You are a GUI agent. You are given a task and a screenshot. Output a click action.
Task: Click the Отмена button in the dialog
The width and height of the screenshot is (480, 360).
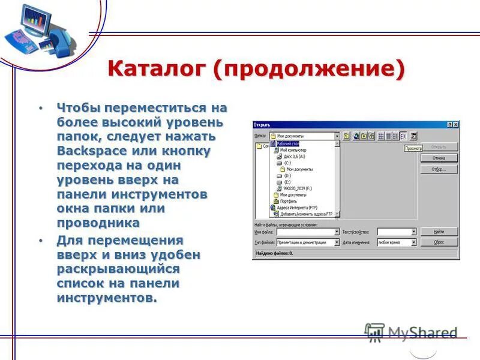pyautogui.click(x=439, y=158)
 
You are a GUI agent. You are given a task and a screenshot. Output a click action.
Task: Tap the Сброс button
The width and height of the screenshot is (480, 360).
pyautogui.click(x=439, y=242)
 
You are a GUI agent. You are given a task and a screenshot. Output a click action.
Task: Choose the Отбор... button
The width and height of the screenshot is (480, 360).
pyautogui.click(x=439, y=169)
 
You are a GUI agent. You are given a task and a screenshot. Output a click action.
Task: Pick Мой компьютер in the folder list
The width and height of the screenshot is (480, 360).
pyautogui.click(x=293, y=150)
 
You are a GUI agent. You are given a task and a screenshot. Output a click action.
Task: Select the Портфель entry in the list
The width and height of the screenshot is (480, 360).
pyautogui.click(x=289, y=201)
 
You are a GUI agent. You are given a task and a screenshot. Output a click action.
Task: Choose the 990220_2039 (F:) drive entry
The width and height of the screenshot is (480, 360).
pyautogui.click(x=298, y=188)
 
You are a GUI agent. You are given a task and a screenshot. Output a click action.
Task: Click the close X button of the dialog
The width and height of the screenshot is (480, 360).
pyautogui.click(x=455, y=124)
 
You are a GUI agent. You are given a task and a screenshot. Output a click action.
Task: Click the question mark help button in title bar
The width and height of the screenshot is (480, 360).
pyautogui.click(x=449, y=124)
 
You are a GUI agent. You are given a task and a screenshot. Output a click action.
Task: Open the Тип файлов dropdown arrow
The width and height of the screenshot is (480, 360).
pyautogui.click(x=337, y=242)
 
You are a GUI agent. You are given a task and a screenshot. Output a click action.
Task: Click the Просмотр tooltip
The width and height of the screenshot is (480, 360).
pyautogui.click(x=413, y=148)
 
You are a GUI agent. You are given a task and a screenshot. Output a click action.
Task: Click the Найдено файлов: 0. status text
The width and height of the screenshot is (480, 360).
pyautogui.click(x=274, y=254)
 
